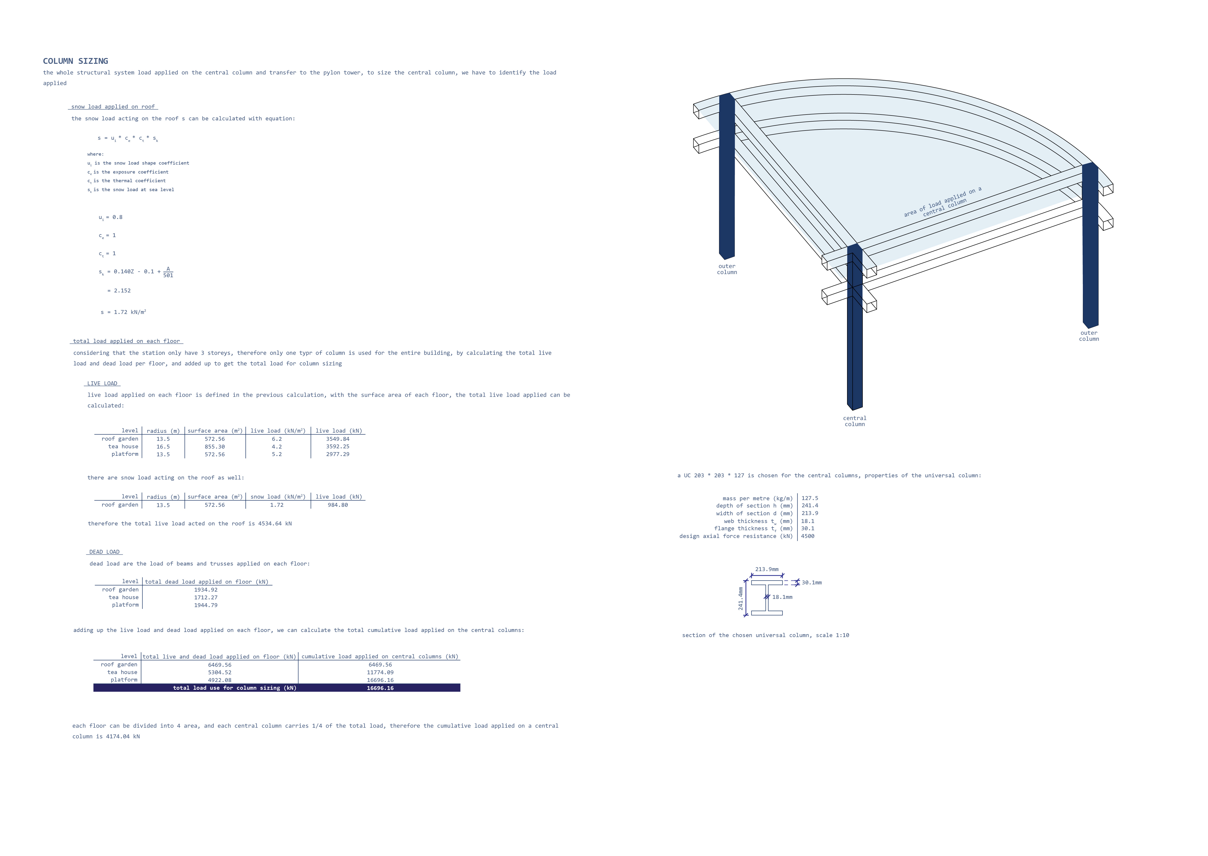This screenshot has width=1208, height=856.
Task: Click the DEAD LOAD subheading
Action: tap(104, 552)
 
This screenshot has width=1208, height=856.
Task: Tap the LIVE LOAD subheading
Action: tap(102, 383)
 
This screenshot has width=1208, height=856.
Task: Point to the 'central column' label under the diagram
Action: tap(855, 421)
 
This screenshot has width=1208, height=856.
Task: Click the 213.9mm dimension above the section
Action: tap(767, 569)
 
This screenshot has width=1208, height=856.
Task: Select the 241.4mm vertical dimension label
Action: tap(741, 599)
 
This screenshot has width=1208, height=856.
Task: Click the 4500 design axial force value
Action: tap(808, 536)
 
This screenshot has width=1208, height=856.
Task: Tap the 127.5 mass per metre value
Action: tap(810, 498)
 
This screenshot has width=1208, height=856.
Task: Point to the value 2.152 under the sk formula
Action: tap(122, 290)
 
